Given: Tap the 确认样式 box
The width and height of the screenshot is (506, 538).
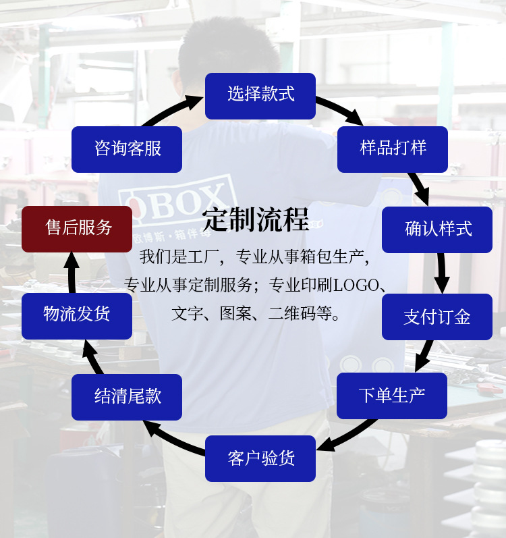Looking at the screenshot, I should pyautogui.click(x=437, y=230).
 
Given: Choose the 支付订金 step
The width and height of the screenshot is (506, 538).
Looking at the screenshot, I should pyautogui.click(x=437, y=317).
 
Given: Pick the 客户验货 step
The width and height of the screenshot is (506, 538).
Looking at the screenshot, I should pyautogui.click(x=260, y=458).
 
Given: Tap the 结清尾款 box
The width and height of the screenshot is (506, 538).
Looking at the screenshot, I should pyautogui.click(x=127, y=397).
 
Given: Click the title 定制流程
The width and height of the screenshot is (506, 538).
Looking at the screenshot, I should pyautogui.click(x=256, y=220).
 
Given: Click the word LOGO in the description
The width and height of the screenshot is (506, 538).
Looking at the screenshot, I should pyautogui.click(x=354, y=286).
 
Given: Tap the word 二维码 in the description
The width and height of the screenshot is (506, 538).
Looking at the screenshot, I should pyautogui.click(x=293, y=314).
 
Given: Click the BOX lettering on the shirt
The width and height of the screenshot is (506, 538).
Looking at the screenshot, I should pyautogui.click(x=186, y=203).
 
